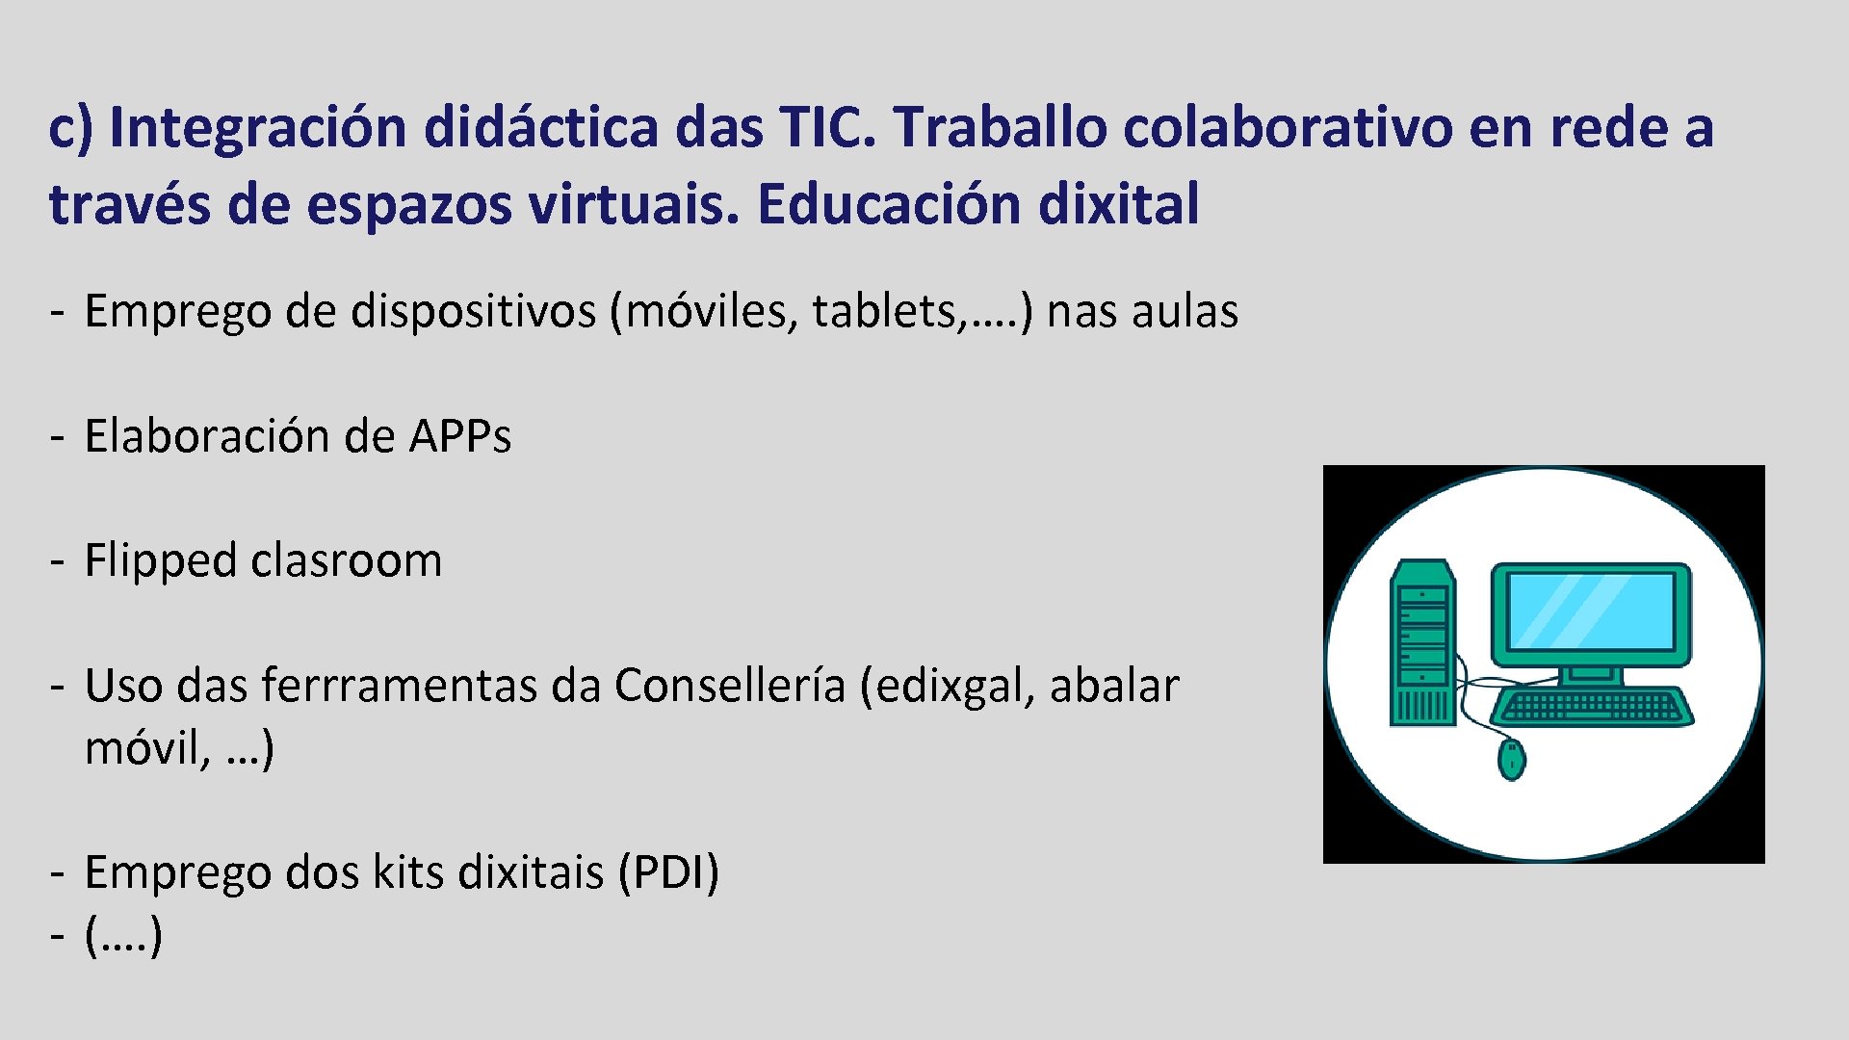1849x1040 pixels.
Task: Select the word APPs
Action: point(460,436)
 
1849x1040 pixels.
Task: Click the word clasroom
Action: point(347,560)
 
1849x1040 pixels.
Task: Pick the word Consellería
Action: point(730,686)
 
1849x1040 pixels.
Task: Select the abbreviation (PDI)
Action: point(668,872)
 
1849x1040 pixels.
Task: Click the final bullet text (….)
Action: point(123,935)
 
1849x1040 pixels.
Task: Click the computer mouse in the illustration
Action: point(1511,759)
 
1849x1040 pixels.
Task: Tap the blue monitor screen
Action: point(1591,611)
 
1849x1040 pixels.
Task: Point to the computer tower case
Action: point(1422,643)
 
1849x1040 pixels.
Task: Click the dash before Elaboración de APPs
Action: point(58,437)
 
